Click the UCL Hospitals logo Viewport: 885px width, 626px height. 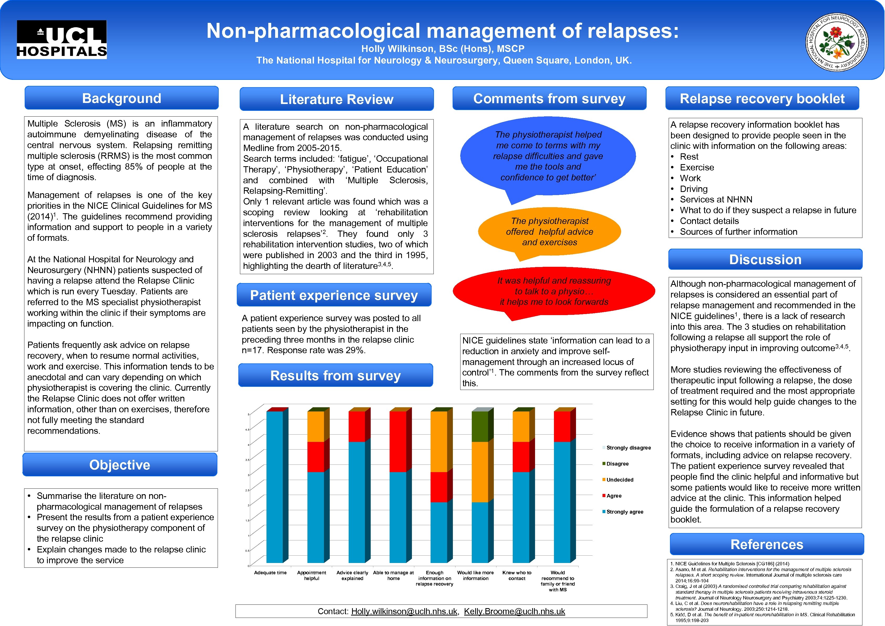click(62, 40)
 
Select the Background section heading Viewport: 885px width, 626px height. click(121, 98)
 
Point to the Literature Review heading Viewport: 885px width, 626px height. click(337, 100)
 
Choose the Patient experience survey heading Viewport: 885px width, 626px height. click(334, 295)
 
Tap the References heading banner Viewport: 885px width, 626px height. click(767, 544)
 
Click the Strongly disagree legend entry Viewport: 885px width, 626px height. click(628, 447)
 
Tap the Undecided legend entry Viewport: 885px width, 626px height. click(619, 479)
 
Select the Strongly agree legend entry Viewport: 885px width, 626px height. click(624, 512)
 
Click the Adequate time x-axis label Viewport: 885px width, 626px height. click(270, 573)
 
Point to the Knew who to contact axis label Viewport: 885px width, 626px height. click(516, 576)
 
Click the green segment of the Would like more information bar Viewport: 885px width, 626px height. click(480, 426)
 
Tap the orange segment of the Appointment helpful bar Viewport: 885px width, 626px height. click(316, 426)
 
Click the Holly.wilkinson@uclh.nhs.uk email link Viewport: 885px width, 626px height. click(404, 611)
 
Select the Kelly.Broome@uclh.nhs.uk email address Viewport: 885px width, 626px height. click(514, 611)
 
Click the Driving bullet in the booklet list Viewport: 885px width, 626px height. click(693, 189)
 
